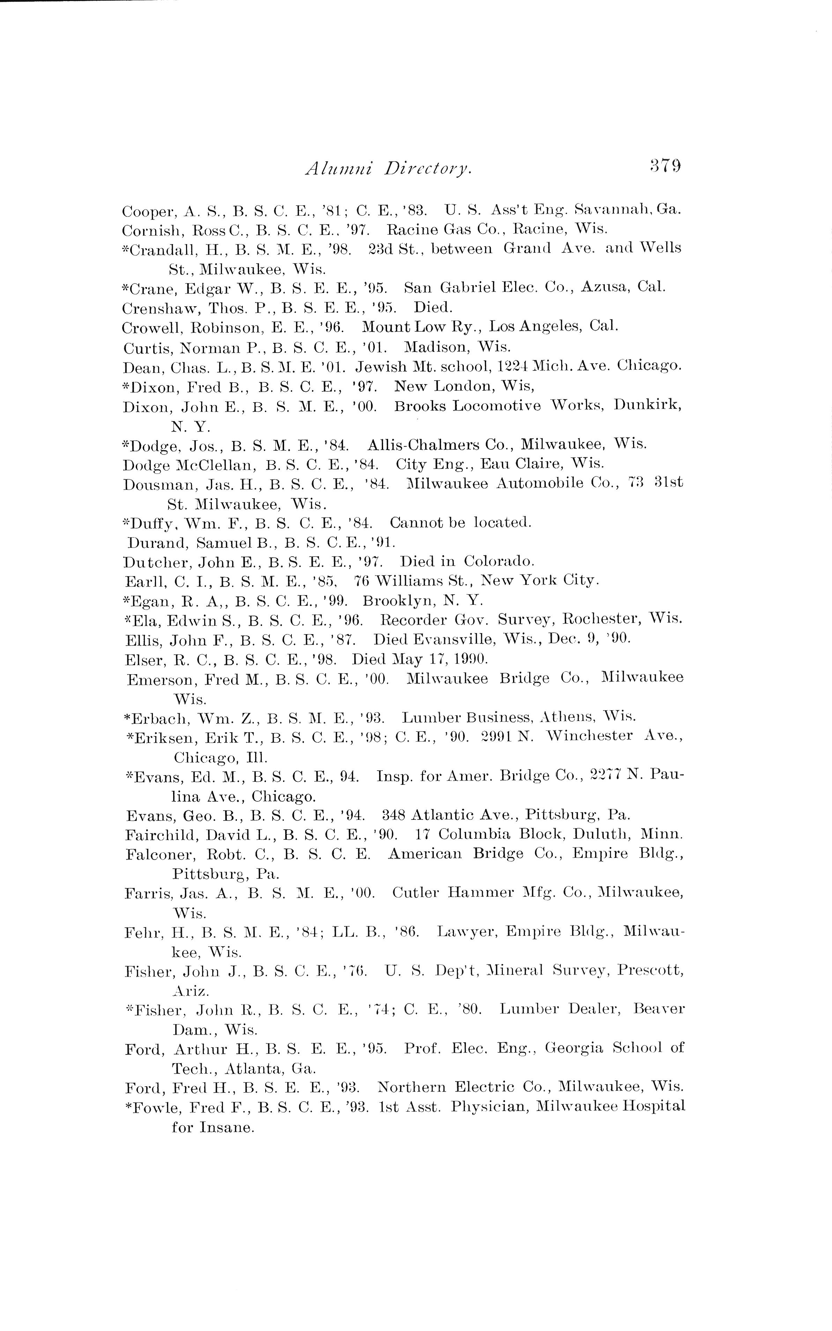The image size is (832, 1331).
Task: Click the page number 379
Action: pos(665,166)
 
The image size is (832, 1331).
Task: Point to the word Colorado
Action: pos(499,561)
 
